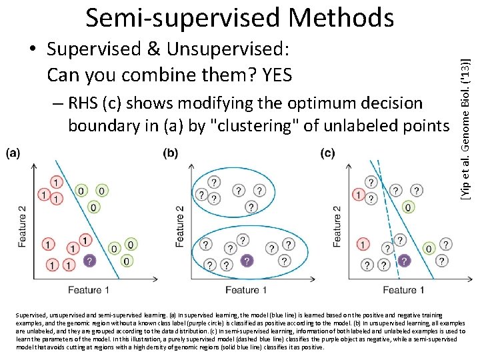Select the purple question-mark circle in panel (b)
[247, 261]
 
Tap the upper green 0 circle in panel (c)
[407, 207]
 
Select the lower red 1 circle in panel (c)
[363, 245]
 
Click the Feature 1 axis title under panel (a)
[88, 290]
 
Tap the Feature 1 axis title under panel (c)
[401, 290]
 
